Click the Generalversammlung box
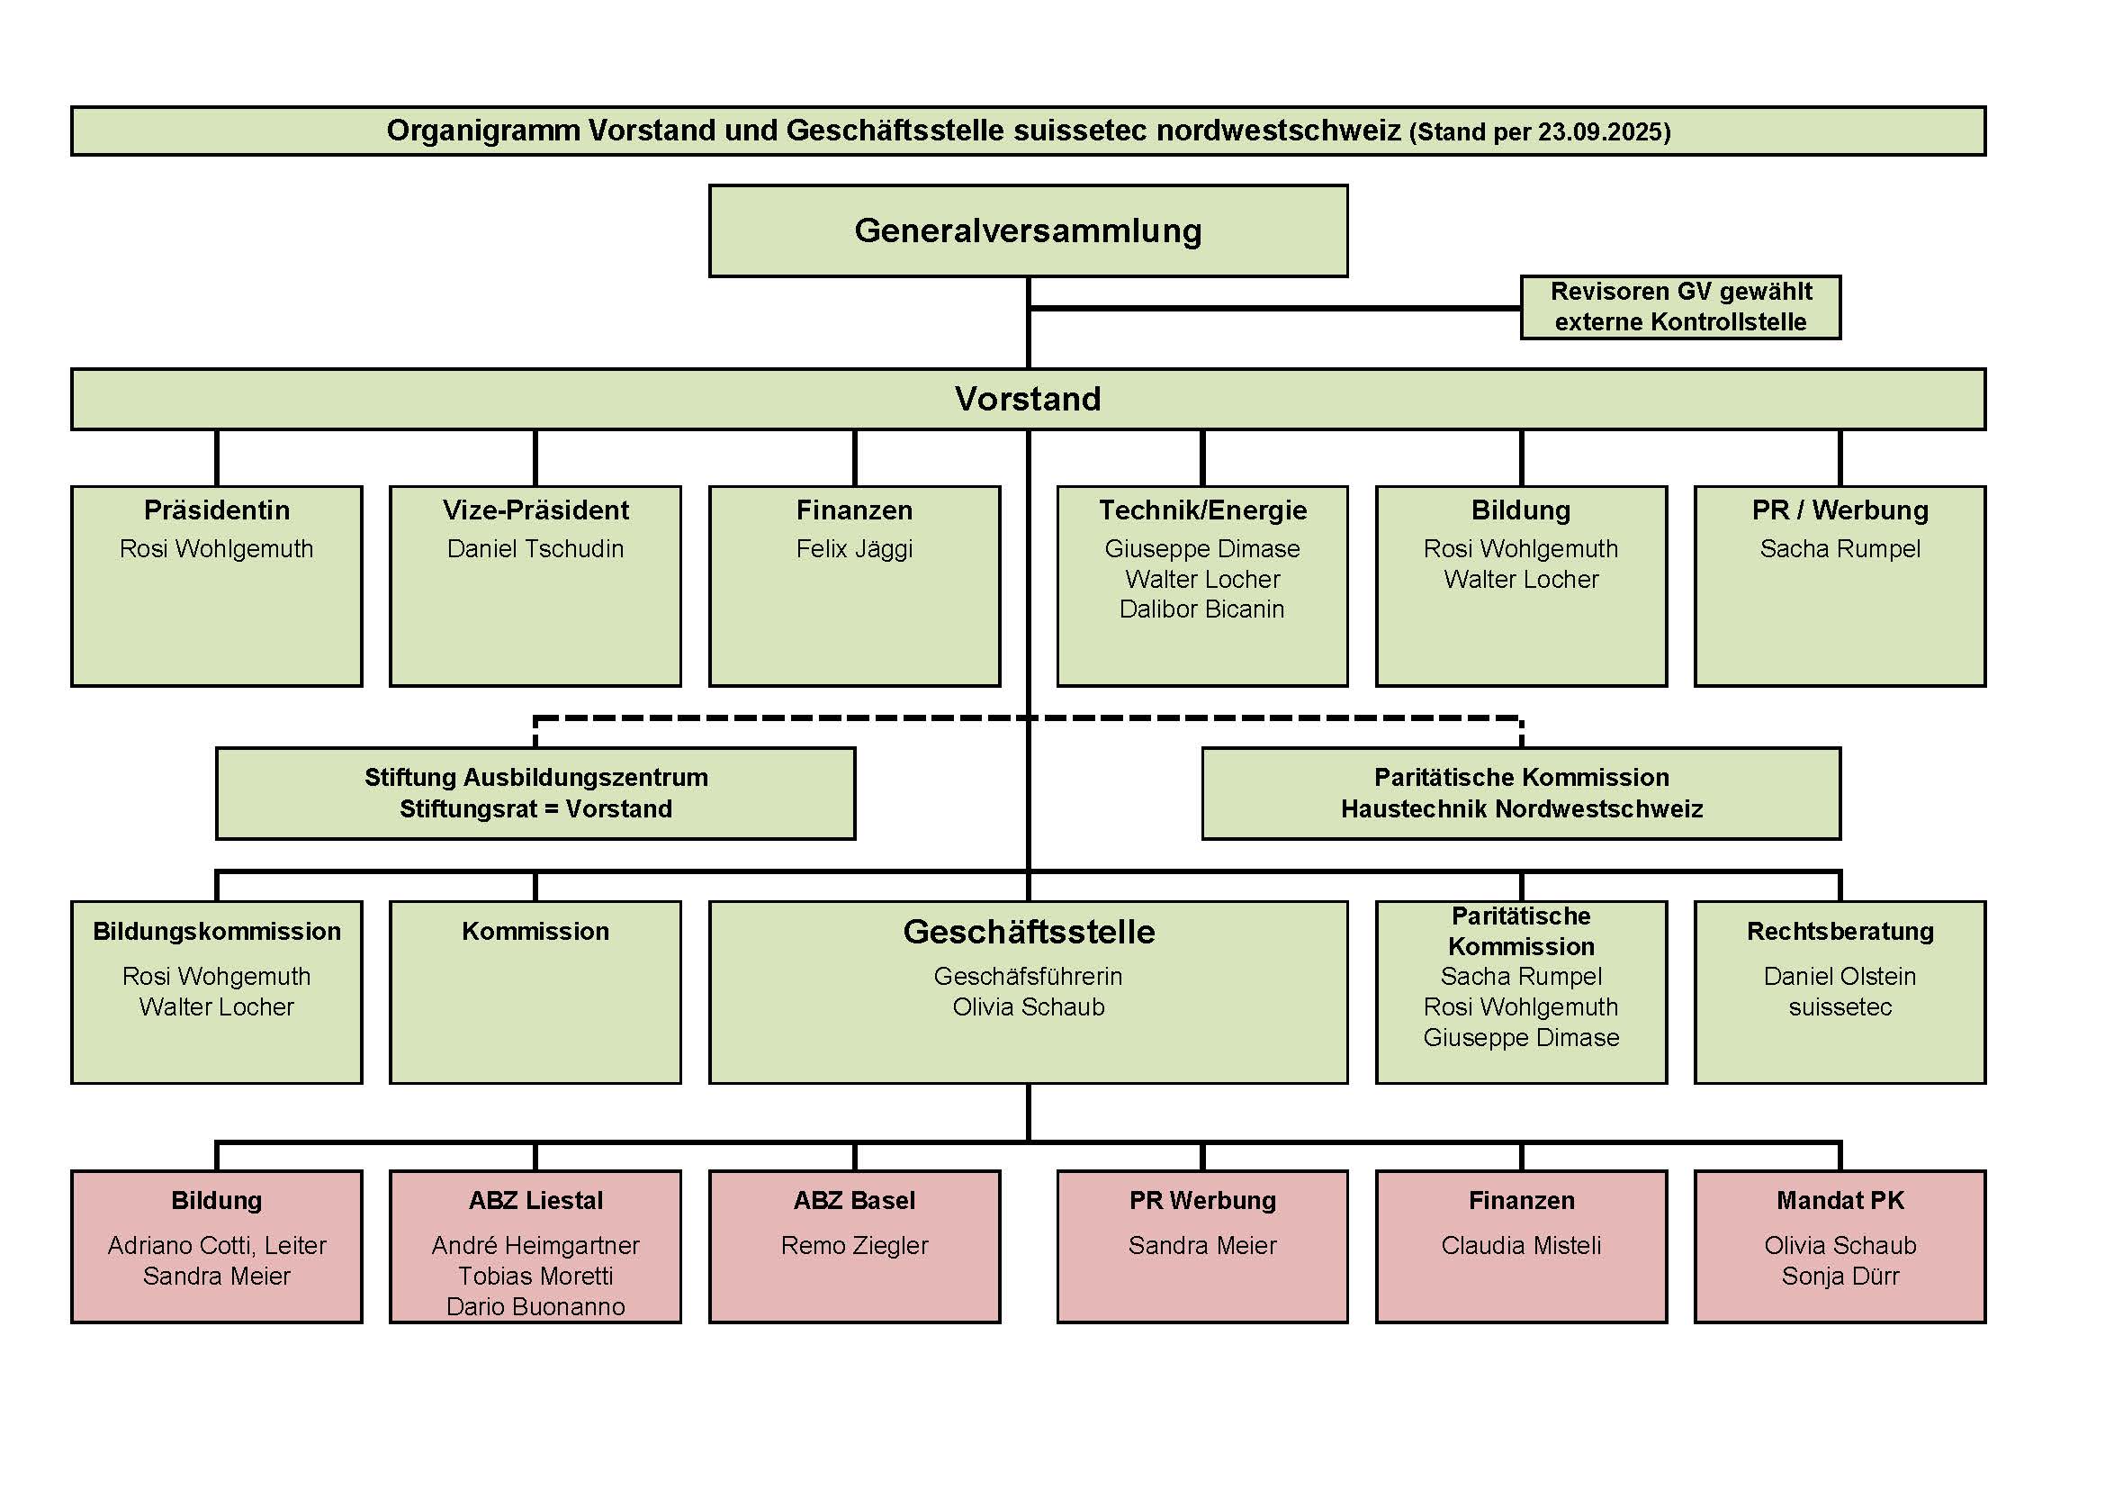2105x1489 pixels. click(x=1028, y=231)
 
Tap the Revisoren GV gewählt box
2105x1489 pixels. click(x=1680, y=307)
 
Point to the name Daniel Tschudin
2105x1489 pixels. click(x=535, y=549)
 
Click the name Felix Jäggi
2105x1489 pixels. click(x=854, y=549)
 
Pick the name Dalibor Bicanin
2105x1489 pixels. click(x=1202, y=609)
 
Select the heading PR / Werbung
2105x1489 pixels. click(x=1840, y=510)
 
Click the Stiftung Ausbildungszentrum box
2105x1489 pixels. click(x=535, y=793)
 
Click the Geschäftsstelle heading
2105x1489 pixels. click(x=1029, y=932)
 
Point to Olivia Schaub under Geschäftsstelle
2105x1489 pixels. click(x=1029, y=1006)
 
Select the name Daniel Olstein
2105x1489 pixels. click(x=1840, y=977)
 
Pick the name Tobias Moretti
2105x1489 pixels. click(x=535, y=1277)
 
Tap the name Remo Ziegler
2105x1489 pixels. click(x=854, y=1245)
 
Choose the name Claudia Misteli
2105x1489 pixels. click(x=1521, y=1245)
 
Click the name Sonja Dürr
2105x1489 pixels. click(x=1840, y=1277)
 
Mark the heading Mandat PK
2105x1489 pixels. click(x=1840, y=1200)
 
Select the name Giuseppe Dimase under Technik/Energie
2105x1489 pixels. click(x=1202, y=549)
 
